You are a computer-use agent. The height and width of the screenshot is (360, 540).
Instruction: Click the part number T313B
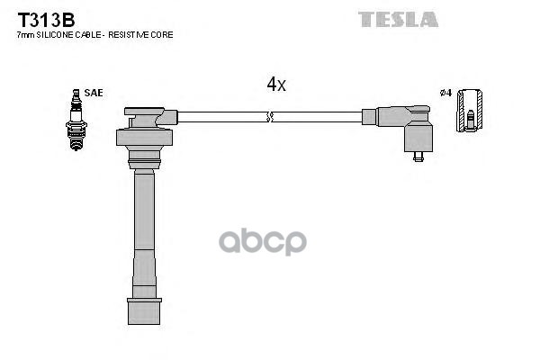point(41,17)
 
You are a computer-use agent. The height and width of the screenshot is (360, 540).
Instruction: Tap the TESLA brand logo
point(398,19)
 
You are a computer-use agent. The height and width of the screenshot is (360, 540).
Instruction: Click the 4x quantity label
point(276,84)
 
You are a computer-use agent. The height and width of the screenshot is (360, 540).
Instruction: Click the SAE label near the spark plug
point(93,93)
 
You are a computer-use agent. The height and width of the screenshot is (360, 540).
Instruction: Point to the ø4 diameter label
point(444,93)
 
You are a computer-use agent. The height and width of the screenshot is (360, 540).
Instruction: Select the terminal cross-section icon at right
point(469,111)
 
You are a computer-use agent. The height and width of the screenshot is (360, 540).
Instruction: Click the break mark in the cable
point(269,117)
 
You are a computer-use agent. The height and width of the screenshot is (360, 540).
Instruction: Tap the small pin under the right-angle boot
point(418,156)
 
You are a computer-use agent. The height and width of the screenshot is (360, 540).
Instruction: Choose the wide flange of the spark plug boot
point(143,138)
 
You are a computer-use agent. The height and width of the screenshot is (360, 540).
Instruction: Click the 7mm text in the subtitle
point(27,34)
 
